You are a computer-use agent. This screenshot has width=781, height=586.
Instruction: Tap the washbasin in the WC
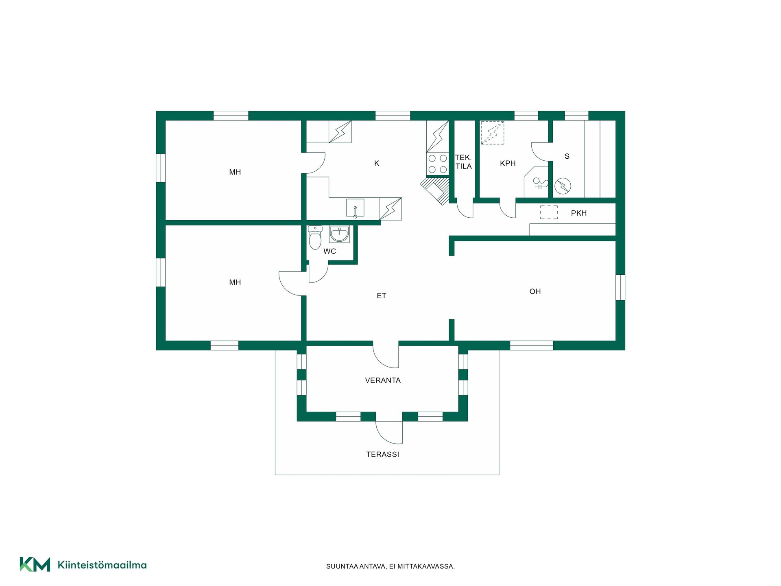pyautogui.click(x=339, y=234)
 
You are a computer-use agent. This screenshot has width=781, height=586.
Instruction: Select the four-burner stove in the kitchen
pyautogui.click(x=438, y=164)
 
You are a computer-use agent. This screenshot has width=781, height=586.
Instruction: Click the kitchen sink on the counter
pyautogui.click(x=355, y=208)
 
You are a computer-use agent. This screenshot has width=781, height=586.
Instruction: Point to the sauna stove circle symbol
pyautogui.click(x=563, y=186)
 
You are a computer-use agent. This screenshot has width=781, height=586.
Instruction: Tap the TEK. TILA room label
pyautogui.click(x=463, y=162)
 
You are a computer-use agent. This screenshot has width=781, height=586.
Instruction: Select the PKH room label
pyautogui.click(x=579, y=213)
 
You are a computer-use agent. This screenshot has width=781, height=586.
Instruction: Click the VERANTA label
pyautogui.click(x=383, y=380)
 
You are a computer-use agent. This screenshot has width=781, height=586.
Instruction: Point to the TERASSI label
pyautogui.click(x=383, y=455)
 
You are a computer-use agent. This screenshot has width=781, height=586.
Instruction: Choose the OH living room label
pyautogui.click(x=535, y=291)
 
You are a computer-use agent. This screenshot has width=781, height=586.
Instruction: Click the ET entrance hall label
pyautogui.click(x=382, y=296)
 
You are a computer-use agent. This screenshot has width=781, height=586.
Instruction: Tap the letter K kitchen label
pyautogui.click(x=377, y=163)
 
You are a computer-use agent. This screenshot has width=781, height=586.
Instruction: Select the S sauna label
pyautogui.click(x=567, y=156)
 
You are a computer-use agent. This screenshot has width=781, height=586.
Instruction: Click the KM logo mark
pyautogui.click(x=35, y=564)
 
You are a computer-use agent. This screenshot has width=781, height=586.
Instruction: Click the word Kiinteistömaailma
pyautogui.click(x=102, y=565)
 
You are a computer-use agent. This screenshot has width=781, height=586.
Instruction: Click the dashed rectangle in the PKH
pyautogui.click(x=549, y=212)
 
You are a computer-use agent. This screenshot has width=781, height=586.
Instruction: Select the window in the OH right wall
pyautogui.click(x=620, y=287)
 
